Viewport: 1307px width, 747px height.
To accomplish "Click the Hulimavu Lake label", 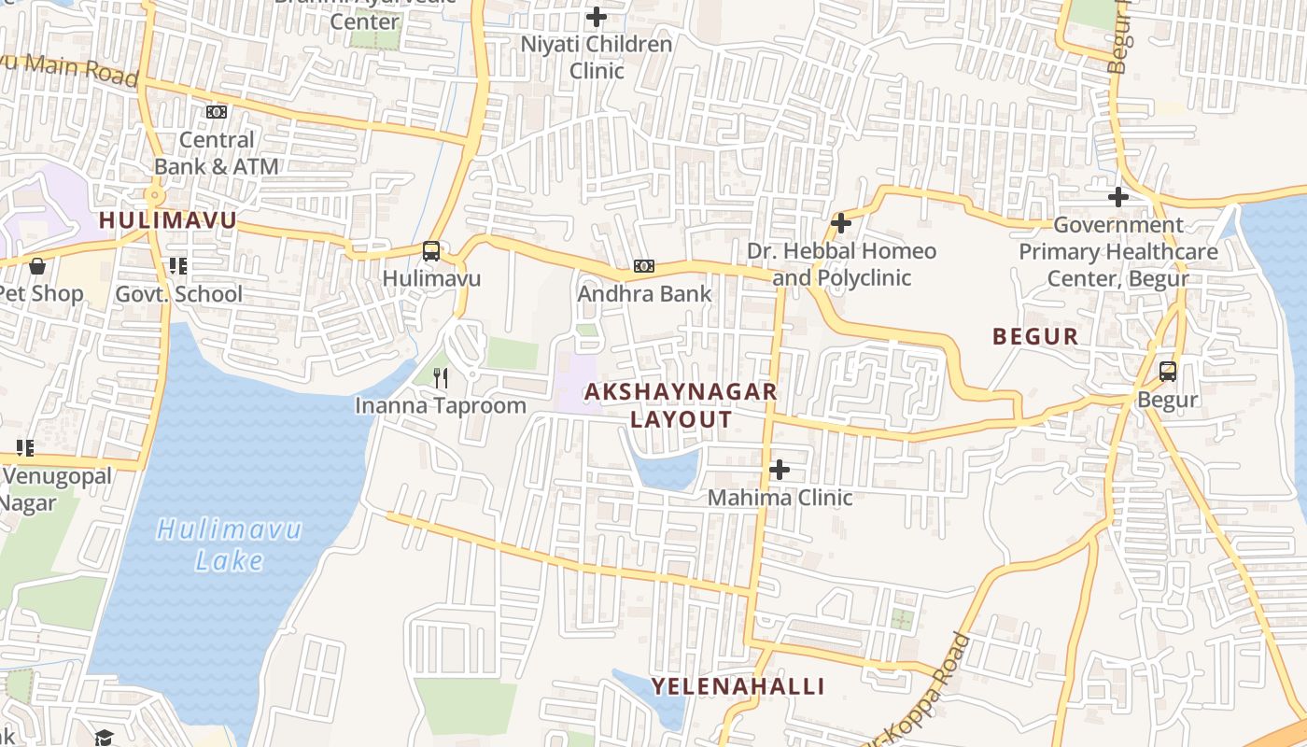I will click(x=229, y=544).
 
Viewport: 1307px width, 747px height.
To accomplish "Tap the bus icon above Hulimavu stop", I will click(x=430, y=251).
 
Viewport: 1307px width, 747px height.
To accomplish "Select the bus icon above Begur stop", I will click(x=1168, y=372).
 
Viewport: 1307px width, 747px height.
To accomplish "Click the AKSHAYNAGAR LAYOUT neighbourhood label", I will click(x=681, y=405).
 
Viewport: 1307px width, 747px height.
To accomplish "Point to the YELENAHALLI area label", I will click(x=738, y=687).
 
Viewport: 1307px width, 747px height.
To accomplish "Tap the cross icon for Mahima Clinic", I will click(x=780, y=470).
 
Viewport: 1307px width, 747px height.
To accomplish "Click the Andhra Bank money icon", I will click(x=644, y=266).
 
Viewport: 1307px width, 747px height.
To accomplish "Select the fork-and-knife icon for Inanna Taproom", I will click(x=442, y=378).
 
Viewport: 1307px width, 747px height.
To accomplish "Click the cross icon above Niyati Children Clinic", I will click(x=596, y=17).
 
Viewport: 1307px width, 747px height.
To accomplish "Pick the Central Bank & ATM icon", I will click(x=217, y=112).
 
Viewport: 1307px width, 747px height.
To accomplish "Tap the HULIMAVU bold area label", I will click(x=168, y=221).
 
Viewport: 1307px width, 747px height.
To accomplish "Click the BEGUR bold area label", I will click(x=1035, y=337).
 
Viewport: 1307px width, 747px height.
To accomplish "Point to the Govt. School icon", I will click(x=178, y=266).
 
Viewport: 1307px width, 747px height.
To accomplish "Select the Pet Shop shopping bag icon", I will click(x=37, y=266).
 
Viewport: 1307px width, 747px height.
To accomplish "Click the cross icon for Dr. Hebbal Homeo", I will click(x=840, y=223).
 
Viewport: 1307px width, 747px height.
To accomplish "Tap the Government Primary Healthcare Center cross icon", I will click(x=1117, y=197).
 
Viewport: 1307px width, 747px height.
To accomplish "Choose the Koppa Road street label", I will click(x=920, y=686).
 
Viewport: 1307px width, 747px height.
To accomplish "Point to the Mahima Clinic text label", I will click(x=780, y=498).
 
